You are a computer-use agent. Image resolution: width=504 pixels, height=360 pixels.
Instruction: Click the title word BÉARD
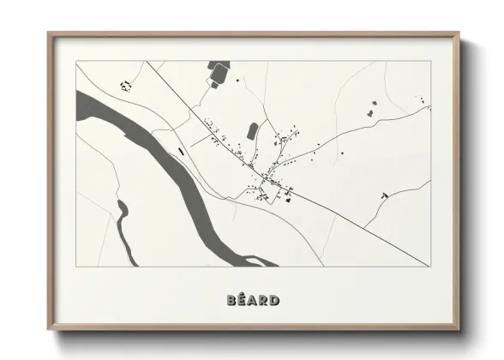click(253, 300)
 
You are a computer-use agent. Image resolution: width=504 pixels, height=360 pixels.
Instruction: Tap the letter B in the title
click(232, 300)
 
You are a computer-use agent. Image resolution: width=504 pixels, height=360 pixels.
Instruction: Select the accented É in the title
click(243, 300)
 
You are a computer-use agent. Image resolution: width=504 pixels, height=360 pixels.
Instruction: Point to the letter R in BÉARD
click(263, 300)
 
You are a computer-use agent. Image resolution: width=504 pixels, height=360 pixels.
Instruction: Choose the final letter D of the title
click(274, 300)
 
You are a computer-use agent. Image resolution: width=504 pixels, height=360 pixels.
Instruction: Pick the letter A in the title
click(253, 300)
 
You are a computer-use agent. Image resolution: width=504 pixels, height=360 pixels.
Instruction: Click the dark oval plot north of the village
click(253, 130)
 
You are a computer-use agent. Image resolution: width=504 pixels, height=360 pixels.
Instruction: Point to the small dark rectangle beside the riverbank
click(181, 151)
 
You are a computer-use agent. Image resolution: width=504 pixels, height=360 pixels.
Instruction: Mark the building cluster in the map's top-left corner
click(126, 85)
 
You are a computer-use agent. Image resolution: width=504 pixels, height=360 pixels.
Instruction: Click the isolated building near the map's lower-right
click(384, 196)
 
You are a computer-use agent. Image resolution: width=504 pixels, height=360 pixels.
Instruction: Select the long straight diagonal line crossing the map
click(326, 206)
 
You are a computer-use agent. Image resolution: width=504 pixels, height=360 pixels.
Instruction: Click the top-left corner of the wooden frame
click(50, 35)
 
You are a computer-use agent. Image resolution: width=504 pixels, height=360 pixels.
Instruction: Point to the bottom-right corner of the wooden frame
click(459, 329)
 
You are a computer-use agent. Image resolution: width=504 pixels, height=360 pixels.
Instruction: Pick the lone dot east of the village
click(342, 153)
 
